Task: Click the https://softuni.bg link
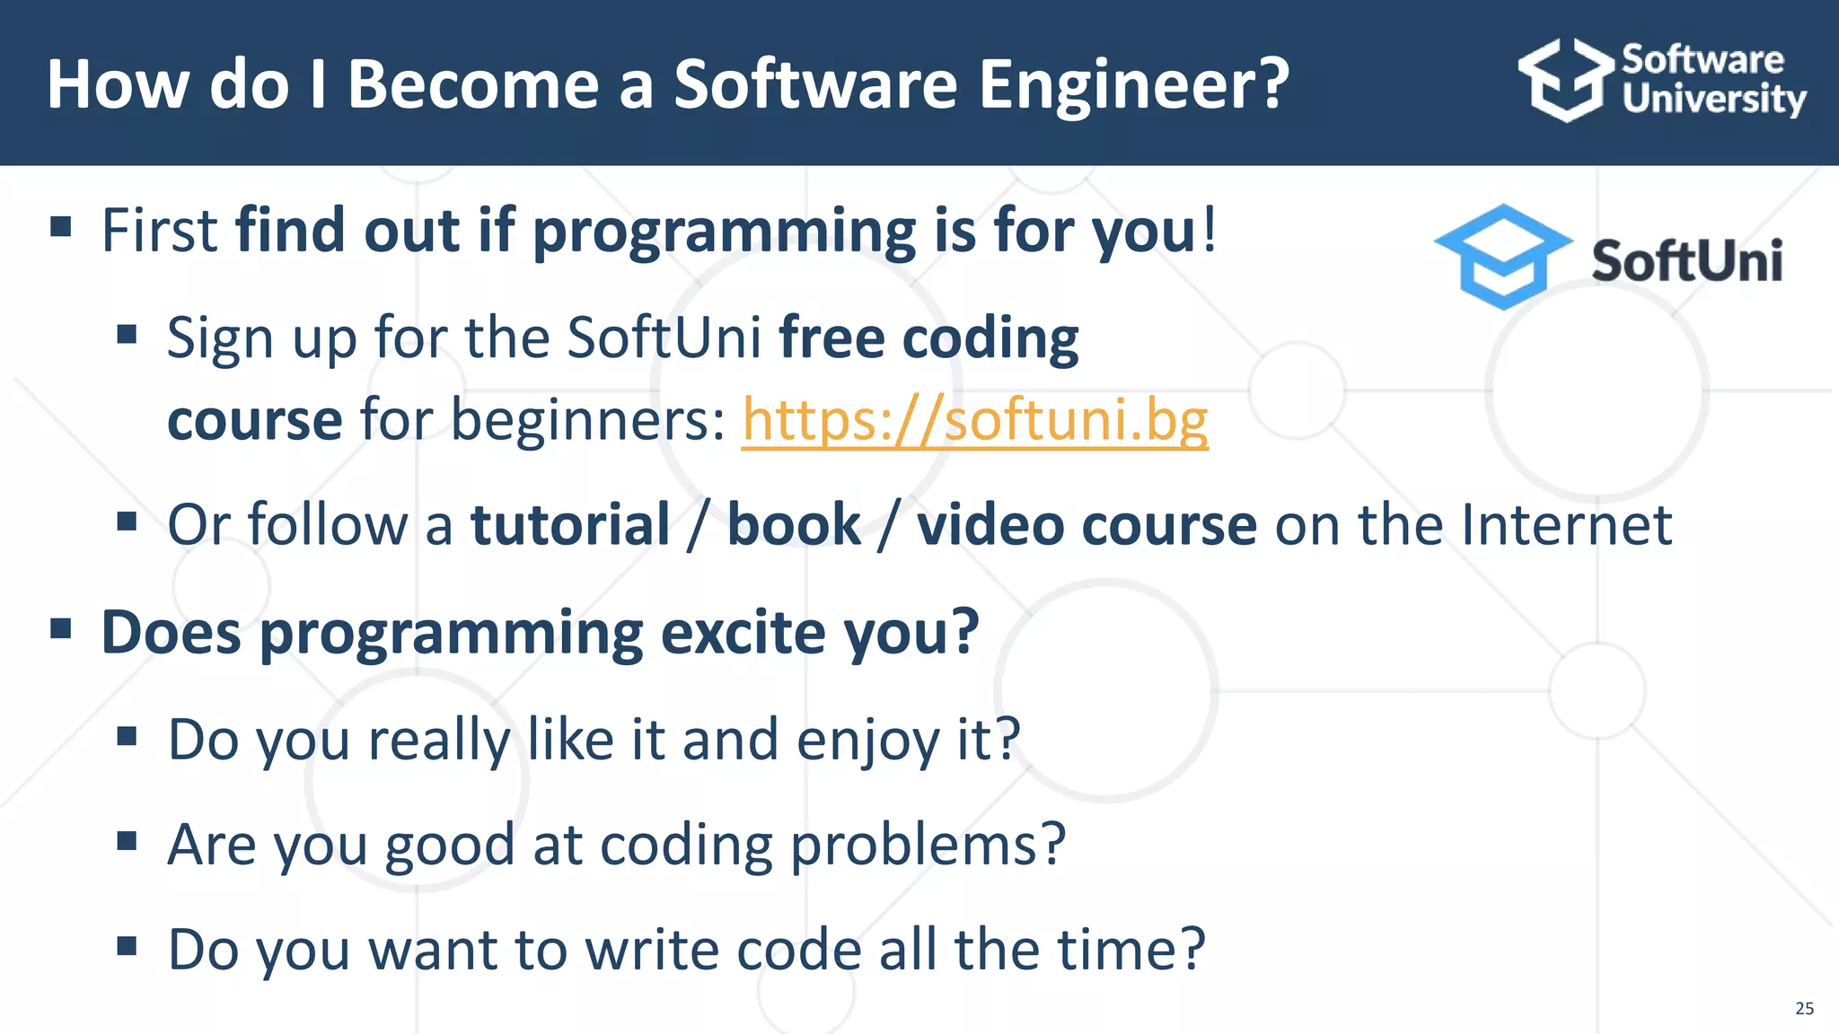click(974, 420)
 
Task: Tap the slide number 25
click(1804, 1008)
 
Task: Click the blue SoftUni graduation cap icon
click(1502, 257)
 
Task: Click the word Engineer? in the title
click(1133, 84)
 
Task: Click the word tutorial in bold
click(570, 524)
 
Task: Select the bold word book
click(793, 524)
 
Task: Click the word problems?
click(928, 846)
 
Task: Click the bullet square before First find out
click(61, 227)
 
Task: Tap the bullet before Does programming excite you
click(61, 628)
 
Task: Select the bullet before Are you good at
click(127, 841)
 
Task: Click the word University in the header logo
click(1713, 99)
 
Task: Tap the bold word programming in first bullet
click(724, 232)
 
